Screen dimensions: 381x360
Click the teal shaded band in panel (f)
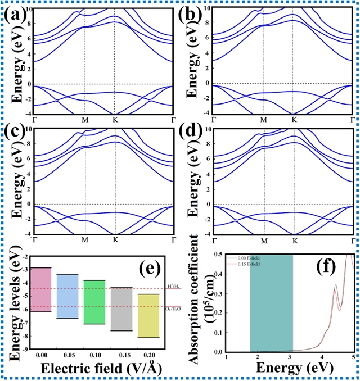coord(271,303)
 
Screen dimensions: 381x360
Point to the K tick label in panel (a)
coord(115,120)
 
